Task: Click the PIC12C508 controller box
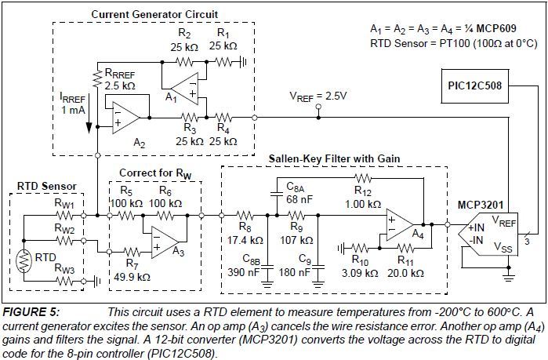(474, 86)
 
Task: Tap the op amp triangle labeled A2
(125, 118)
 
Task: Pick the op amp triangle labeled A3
(165, 242)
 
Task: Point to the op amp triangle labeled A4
(400, 225)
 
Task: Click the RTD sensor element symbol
(24, 260)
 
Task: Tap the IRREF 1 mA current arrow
(89, 113)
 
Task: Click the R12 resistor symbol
(363, 178)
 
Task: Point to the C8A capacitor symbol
(277, 194)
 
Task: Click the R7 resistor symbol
(132, 252)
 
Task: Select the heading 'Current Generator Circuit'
(154, 14)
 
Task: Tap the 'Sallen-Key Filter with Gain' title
(334, 158)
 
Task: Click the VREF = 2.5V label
(318, 96)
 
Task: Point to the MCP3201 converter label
(481, 205)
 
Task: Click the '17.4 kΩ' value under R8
(245, 241)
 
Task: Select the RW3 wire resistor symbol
(64, 281)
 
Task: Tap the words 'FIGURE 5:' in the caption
(31, 312)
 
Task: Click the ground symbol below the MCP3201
(509, 278)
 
